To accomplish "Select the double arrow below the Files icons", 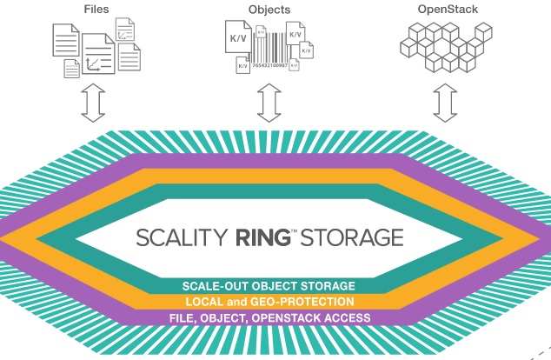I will coord(92,103).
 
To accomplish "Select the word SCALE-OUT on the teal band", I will coord(211,286).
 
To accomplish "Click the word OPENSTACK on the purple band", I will coord(282,318).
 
